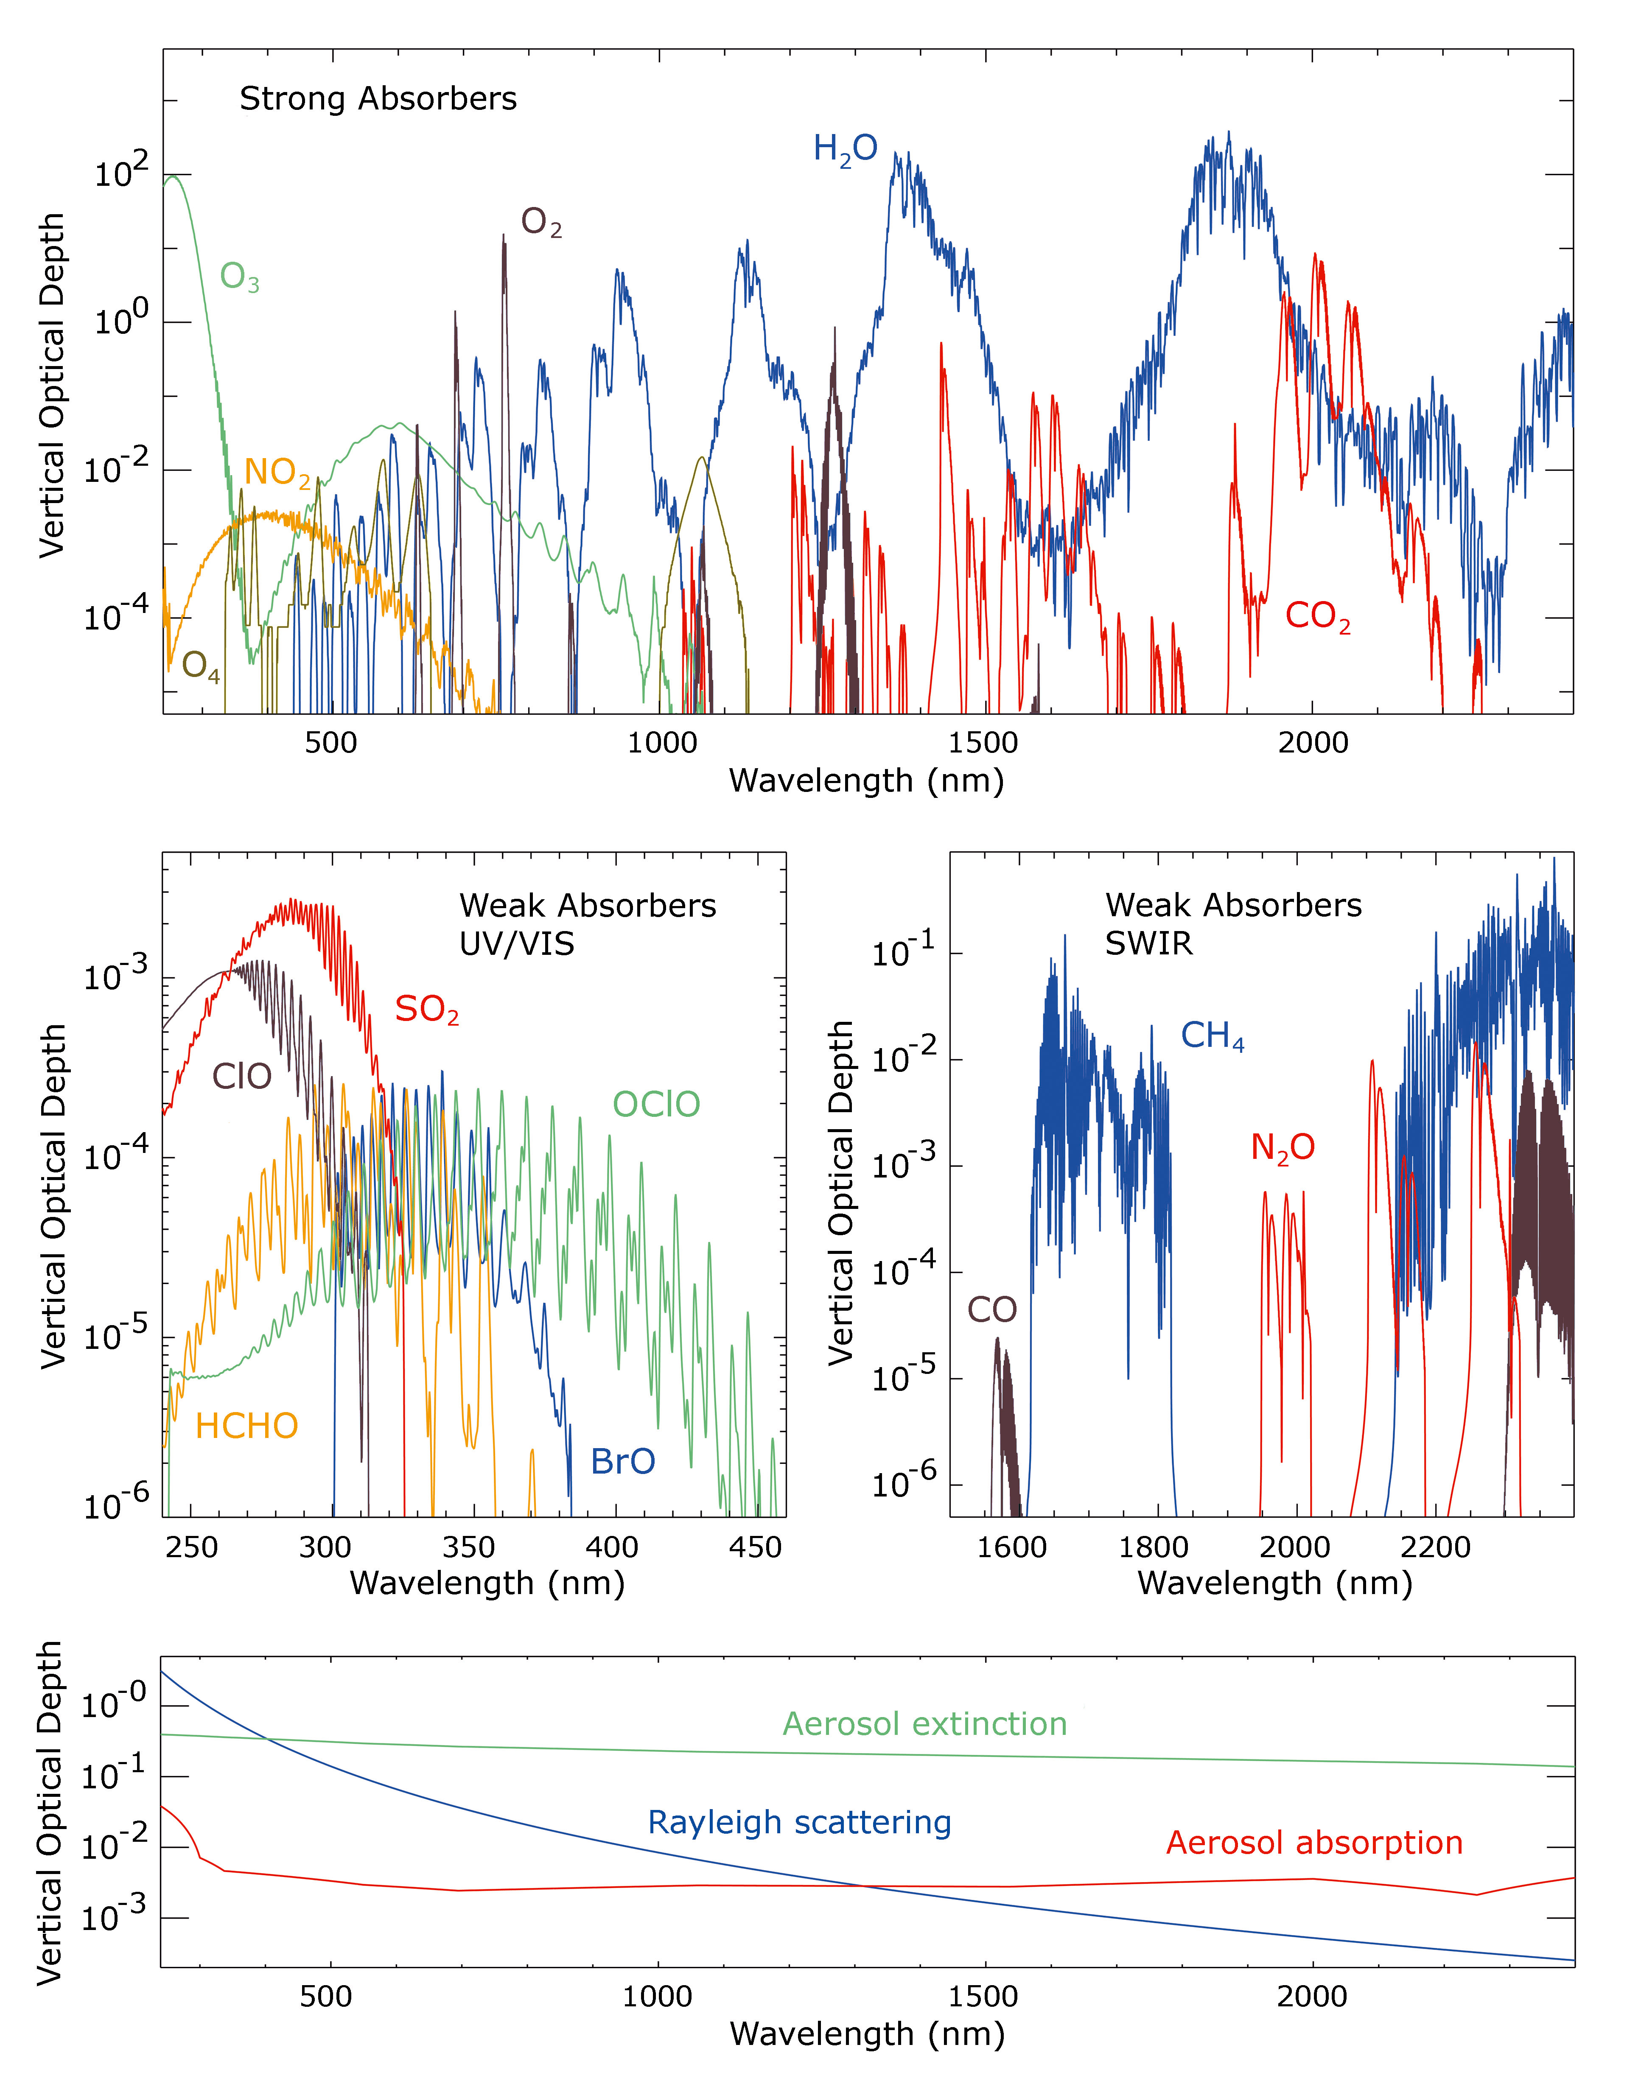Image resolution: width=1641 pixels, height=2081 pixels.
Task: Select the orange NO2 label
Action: (x=277, y=473)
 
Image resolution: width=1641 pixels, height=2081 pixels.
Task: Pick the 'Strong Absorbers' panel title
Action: (x=378, y=99)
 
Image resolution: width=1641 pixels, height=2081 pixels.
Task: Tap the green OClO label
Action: (x=656, y=1105)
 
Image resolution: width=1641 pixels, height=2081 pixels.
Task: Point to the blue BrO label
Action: (x=622, y=1461)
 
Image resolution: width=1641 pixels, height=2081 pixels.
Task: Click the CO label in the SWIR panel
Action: (x=991, y=1309)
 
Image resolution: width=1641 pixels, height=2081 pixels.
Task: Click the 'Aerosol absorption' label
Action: (x=1313, y=1843)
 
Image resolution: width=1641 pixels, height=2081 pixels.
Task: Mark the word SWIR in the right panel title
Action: (x=1148, y=944)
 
